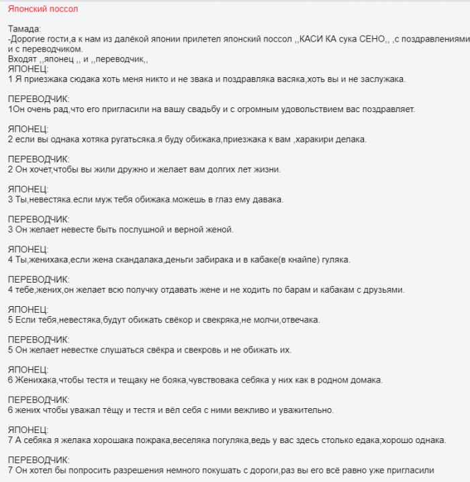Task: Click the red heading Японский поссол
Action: pyautogui.click(x=43, y=9)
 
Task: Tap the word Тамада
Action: pyautogui.click(x=23, y=29)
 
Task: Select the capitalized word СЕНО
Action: pyautogui.click(x=373, y=39)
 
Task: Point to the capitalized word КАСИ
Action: pyautogui.click(x=310, y=39)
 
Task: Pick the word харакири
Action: pyautogui.click(x=319, y=140)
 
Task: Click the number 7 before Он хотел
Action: pyautogui.click(x=10, y=471)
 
